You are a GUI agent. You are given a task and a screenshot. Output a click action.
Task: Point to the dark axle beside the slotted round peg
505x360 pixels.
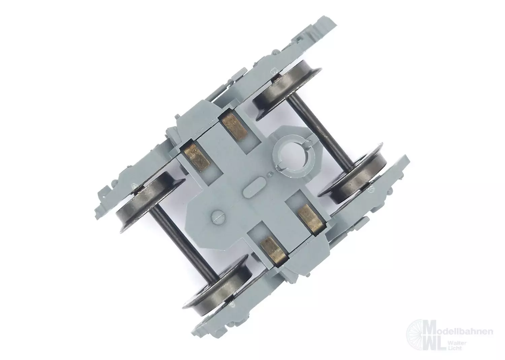point(182,241)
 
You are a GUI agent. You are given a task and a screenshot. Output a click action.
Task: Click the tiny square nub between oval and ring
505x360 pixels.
point(269,174)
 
